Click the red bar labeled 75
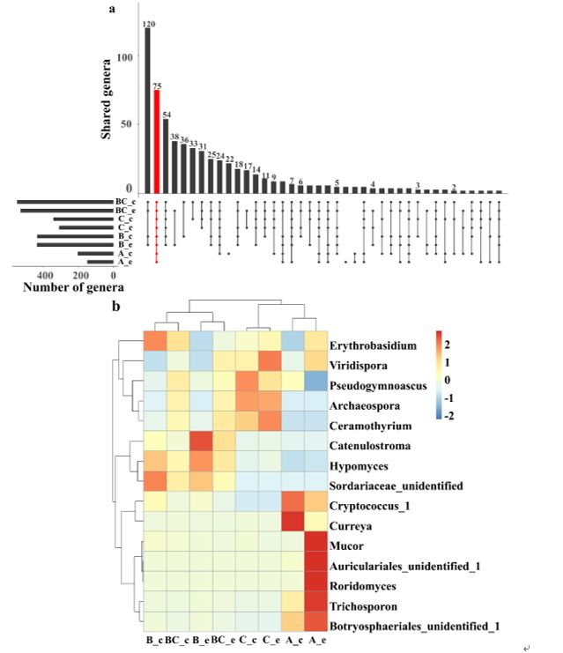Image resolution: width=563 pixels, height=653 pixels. coord(157,140)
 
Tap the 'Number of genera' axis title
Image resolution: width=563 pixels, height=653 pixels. coord(73,286)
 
